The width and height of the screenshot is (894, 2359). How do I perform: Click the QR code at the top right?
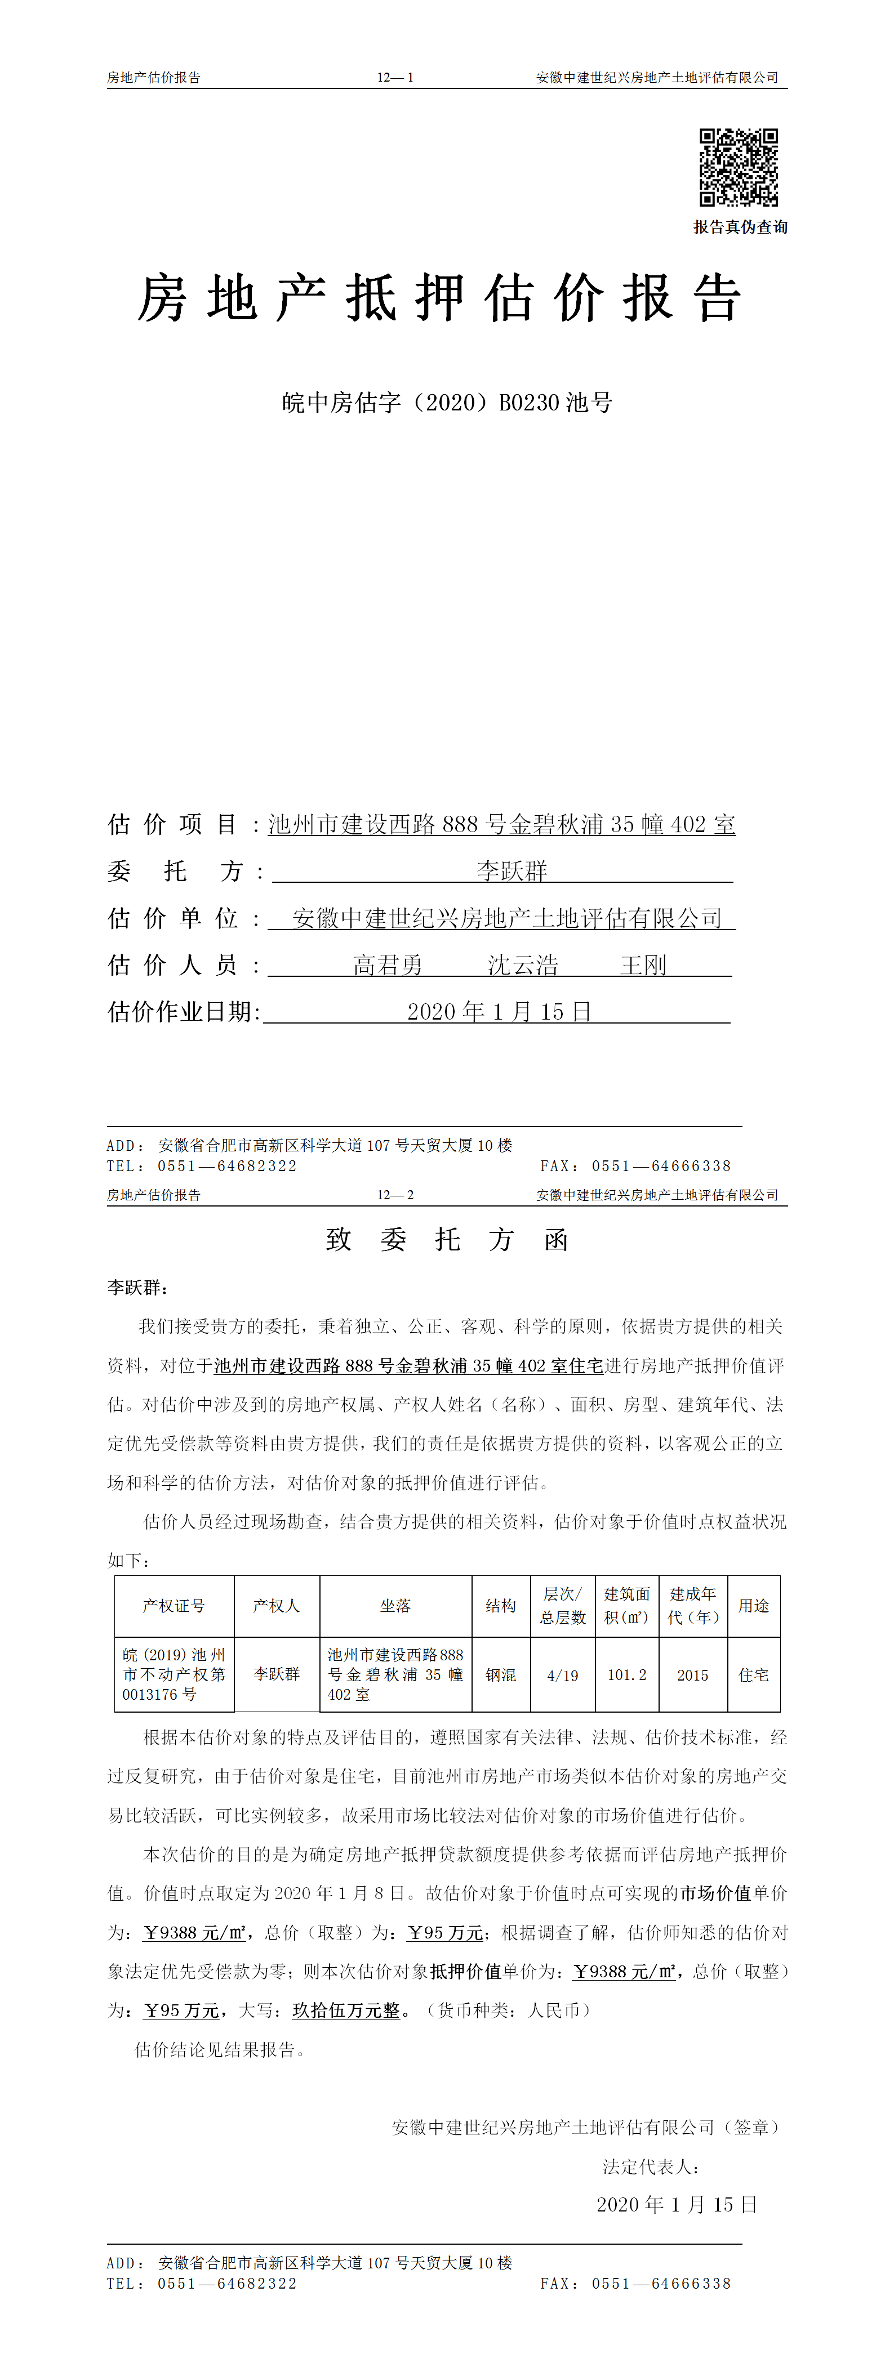pos(739,168)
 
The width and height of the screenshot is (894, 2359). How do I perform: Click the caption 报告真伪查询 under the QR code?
pos(740,227)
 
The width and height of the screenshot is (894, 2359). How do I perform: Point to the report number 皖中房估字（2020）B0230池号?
pos(447,403)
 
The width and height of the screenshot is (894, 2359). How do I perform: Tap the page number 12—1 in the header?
pos(395,78)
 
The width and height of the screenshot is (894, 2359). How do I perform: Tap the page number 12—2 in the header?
pos(395,1195)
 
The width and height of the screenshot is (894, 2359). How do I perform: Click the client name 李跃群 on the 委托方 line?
pos(511,871)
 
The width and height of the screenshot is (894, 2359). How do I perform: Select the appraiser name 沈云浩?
pos(523,965)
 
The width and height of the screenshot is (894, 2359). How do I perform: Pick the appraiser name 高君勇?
pos(388,965)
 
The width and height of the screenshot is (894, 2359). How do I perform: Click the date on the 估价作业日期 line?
pos(499,1012)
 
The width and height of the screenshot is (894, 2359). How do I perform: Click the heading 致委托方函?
pos(447,1240)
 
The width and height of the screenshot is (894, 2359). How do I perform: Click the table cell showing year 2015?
pos(692,1675)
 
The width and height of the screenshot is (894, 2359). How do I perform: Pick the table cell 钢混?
pos(501,1675)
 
